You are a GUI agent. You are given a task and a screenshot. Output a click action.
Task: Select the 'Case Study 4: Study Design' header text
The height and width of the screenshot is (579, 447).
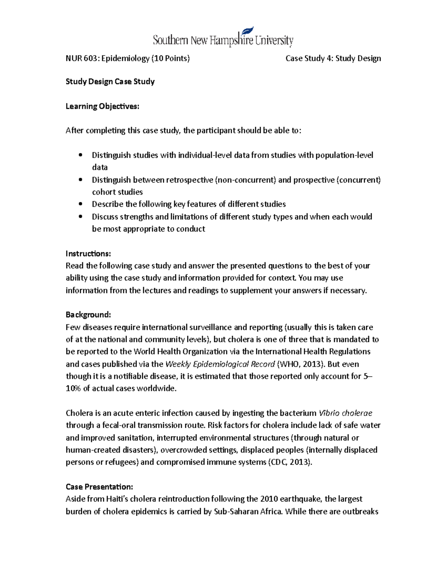tap(333, 59)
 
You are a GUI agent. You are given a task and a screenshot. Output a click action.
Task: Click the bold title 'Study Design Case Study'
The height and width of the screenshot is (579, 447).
tap(110, 82)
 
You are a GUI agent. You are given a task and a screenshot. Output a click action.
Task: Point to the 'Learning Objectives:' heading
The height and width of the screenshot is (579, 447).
tap(102, 106)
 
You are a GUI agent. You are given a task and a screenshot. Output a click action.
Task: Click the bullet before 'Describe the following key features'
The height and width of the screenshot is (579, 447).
tap(80, 204)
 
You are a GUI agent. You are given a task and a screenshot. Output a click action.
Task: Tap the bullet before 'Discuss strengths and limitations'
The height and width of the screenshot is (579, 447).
tap(80, 217)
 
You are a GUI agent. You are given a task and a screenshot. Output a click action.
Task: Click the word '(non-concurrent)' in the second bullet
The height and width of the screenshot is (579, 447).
tap(245, 180)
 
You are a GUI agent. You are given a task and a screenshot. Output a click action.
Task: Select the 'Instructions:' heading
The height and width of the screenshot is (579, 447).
tap(88, 254)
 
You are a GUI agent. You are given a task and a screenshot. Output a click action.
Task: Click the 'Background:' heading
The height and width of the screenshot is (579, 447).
tap(88, 315)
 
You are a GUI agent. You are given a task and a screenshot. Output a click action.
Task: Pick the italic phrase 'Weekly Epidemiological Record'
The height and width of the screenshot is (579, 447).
tap(220, 364)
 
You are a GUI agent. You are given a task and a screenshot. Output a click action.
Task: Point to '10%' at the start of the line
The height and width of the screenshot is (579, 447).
tap(73, 388)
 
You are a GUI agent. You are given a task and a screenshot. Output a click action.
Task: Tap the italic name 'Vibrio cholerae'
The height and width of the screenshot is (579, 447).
tap(345, 413)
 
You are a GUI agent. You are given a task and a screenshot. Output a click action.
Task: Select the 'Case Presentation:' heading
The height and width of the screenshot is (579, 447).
tap(99, 487)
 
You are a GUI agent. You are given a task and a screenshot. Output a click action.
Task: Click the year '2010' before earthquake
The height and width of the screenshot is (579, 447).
tap(269, 499)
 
